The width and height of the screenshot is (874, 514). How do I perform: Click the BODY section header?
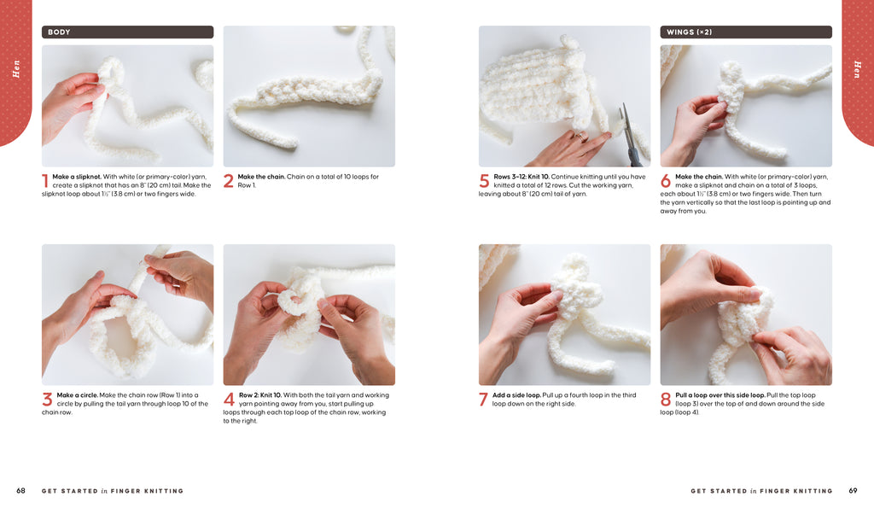(x=127, y=32)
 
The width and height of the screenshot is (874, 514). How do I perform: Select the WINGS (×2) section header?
(x=746, y=32)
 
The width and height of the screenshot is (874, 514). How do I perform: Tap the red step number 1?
(x=45, y=181)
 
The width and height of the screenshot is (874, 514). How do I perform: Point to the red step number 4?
(x=229, y=399)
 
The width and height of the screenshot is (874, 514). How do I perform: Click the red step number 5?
(x=484, y=181)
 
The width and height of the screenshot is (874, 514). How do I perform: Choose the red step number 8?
(x=666, y=399)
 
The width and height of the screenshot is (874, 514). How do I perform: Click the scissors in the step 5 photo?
(x=631, y=136)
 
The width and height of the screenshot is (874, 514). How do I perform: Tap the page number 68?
(x=20, y=491)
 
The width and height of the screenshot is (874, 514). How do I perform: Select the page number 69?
(x=853, y=491)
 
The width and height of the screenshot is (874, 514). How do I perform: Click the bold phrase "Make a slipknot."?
(x=77, y=177)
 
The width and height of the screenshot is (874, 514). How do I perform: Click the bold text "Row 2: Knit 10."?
(x=259, y=395)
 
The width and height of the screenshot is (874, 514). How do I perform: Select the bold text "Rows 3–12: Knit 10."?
(x=521, y=177)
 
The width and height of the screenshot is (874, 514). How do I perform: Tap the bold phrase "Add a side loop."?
(x=516, y=395)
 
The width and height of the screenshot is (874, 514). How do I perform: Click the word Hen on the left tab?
(x=16, y=68)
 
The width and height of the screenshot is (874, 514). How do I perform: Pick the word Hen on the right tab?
(x=857, y=68)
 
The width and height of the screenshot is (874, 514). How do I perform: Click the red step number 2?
(x=229, y=181)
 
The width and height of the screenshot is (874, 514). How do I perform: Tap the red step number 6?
(x=666, y=181)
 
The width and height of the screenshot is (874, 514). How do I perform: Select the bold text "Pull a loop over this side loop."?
(x=720, y=395)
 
